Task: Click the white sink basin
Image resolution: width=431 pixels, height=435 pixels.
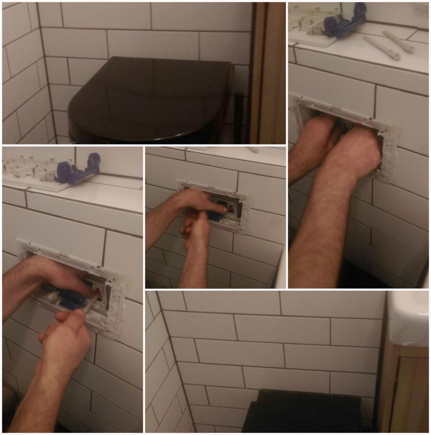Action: [408, 319]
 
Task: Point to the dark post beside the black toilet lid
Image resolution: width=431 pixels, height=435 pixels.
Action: [239, 117]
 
